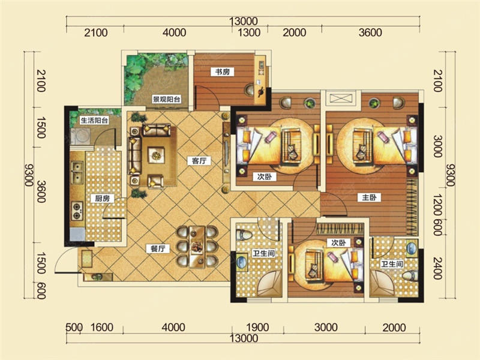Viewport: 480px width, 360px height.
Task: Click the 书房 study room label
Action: click(x=223, y=72)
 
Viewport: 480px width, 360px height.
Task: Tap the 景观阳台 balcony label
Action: click(x=167, y=99)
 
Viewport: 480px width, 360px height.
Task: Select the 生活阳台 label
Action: click(x=95, y=121)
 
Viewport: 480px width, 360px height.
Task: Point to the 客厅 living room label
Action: click(x=200, y=161)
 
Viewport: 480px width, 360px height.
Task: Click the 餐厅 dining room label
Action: click(x=158, y=249)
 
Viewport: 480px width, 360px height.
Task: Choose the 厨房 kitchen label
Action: click(x=102, y=199)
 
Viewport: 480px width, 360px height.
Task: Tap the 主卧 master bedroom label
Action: click(x=370, y=197)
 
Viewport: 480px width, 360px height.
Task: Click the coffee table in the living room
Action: click(x=156, y=155)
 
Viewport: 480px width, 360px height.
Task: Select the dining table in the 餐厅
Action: click(x=197, y=247)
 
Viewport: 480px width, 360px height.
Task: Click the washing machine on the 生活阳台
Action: click(x=80, y=136)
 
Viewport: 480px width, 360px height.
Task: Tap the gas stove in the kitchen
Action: click(x=77, y=211)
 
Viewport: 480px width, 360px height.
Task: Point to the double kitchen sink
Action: click(x=77, y=173)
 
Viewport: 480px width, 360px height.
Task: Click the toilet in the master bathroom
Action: click(x=410, y=276)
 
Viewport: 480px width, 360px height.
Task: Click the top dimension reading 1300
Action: click(x=249, y=32)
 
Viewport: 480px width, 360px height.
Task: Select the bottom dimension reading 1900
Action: click(x=258, y=327)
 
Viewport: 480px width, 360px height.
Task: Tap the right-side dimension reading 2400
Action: click(x=438, y=268)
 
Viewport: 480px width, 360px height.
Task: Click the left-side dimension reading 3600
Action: click(x=41, y=192)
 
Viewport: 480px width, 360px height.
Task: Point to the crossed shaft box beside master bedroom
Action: click(x=341, y=98)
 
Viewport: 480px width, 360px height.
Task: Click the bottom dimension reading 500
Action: click(x=74, y=327)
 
